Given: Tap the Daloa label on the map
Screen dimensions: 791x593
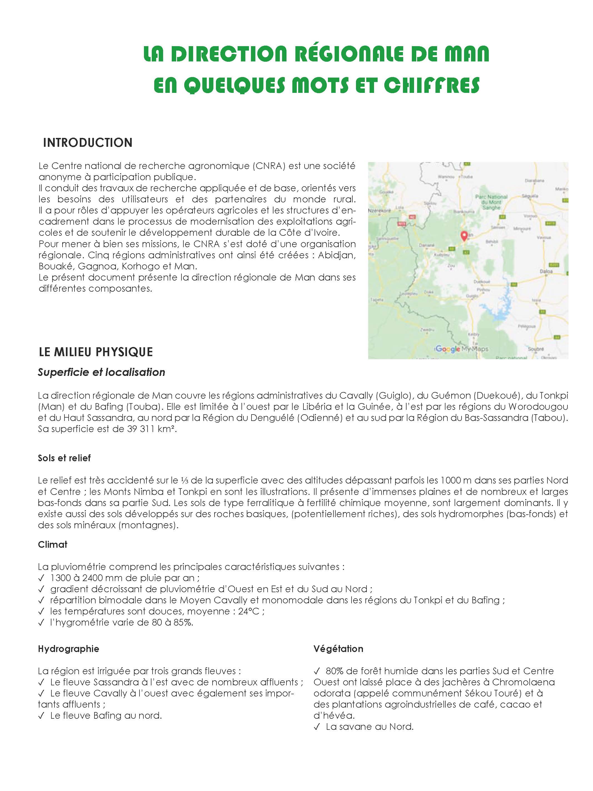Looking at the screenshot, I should tap(546, 271).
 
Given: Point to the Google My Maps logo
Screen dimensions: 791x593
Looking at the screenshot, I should tap(461, 349).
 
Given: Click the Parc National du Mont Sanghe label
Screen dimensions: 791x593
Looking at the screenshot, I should tap(491, 202).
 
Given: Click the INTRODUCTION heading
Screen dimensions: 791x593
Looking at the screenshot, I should tap(88, 143).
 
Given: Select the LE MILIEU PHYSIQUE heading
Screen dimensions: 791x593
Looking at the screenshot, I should tap(96, 352).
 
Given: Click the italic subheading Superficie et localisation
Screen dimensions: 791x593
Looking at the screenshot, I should tap(101, 372).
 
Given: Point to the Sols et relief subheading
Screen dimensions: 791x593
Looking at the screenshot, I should tap(64, 458).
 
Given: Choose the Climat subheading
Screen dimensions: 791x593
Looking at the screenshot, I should tap(53, 544).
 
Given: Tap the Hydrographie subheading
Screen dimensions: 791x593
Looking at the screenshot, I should tap(68, 649).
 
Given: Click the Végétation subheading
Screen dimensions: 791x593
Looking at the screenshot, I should tap(338, 649).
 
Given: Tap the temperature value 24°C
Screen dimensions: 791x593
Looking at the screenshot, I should tap(250, 611).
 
